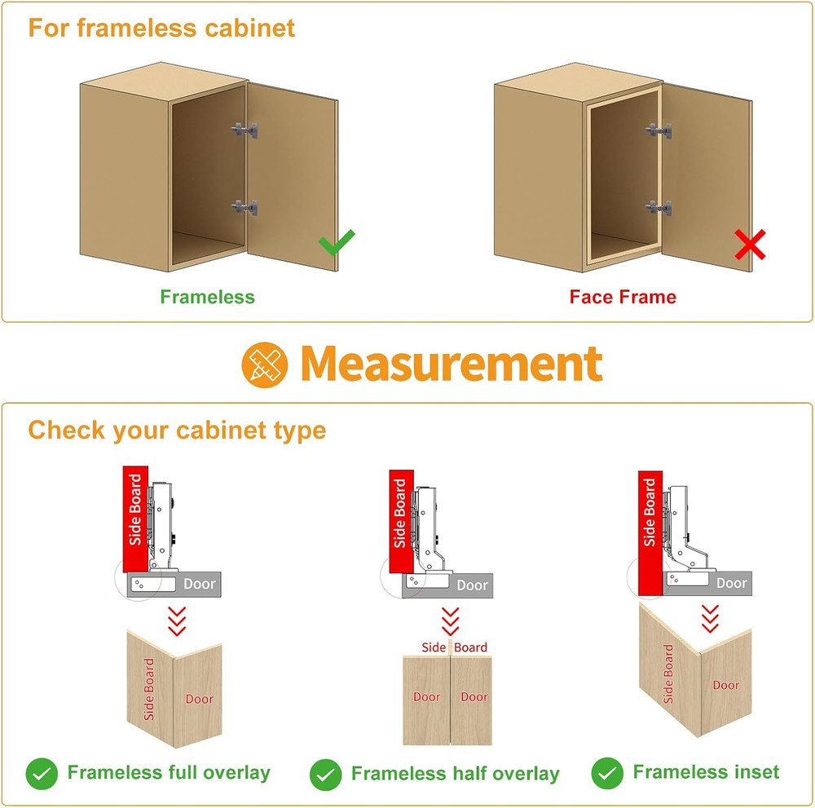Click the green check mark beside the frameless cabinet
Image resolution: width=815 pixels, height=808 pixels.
[x=337, y=242]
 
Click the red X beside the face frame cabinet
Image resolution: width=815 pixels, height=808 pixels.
[x=750, y=245]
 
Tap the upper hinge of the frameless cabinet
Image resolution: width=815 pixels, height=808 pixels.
[x=244, y=130]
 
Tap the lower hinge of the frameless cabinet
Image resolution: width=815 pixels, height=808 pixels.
[x=244, y=207]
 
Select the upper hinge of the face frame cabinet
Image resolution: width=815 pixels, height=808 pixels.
[x=659, y=130]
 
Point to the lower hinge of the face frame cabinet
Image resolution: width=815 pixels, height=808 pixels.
[x=659, y=208]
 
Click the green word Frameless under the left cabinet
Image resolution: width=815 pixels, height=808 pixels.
[x=207, y=297]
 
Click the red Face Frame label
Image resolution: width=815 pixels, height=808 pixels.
[x=623, y=297]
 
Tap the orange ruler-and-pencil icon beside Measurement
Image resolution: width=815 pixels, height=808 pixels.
[x=265, y=364]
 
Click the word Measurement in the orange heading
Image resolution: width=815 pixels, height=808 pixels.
[x=452, y=364]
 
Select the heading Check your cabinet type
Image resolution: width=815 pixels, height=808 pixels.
[x=177, y=430]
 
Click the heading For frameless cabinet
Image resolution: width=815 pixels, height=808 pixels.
[x=161, y=28]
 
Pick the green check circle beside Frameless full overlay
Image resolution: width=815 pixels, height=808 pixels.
[x=42, y=774]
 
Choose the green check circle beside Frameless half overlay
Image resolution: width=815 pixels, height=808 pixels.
[x=325, y=775]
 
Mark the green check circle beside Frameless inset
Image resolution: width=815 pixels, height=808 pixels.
[x=607, y=773]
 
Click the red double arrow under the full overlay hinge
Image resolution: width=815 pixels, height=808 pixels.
[x=177, y=620]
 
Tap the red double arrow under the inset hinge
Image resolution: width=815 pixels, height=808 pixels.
[x=710, y=619]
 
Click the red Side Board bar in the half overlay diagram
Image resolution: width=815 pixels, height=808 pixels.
[x=401, y=521]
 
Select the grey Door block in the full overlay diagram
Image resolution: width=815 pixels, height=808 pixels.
[x=174, y=585]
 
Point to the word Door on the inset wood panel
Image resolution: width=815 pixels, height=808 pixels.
[x=725, y=686]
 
